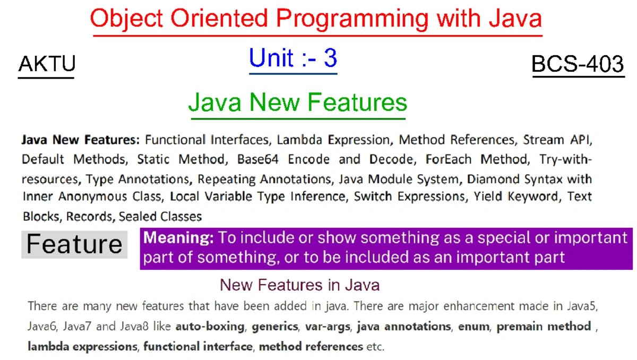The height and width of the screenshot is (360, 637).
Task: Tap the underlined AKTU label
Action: pyautogui.click(x=47, y=64)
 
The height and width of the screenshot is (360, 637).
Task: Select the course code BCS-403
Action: pyautogui.click(x=578, y=64)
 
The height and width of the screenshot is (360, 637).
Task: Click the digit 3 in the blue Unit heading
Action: pyautogui.click(x=330, y=58)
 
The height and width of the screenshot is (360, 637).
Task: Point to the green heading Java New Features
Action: pyautogui.click(x=298, y=102)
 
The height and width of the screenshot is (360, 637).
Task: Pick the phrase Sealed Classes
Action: pyautogui.click(x=160, y=216)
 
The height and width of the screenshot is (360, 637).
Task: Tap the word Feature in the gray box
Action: pyautogui.click(x=74, y=244)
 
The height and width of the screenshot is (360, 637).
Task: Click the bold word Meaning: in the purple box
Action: pyautogui.click(x=178, y=238)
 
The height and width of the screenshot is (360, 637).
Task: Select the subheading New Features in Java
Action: pyautogui.click(x=299, y=285)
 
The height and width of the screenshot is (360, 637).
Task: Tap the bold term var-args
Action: pyautogui.click(x=328, y=327)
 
